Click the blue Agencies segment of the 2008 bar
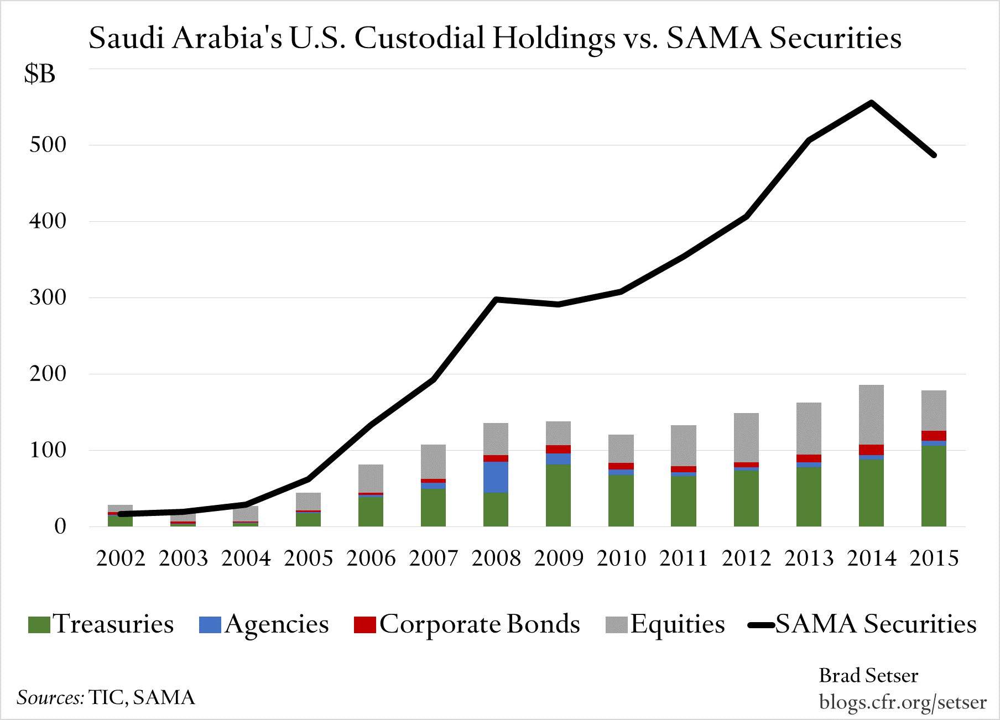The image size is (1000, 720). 496,477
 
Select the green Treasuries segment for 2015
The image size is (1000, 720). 934,486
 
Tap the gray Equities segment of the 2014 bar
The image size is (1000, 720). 871,415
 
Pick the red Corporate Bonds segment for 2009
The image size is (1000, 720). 558,449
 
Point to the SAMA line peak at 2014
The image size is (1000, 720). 871,103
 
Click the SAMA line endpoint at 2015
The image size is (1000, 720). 934,155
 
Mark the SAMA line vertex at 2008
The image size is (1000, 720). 496,300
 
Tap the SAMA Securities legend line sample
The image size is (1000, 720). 762,625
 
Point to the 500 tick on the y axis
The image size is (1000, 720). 48,145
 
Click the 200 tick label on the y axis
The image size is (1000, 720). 48,374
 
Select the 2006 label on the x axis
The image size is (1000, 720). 371,558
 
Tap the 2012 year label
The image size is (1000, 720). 746,558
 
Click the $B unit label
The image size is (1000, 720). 40,74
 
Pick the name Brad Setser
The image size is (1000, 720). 868,676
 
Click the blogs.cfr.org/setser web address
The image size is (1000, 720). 903,702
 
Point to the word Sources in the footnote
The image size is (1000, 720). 50,697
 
